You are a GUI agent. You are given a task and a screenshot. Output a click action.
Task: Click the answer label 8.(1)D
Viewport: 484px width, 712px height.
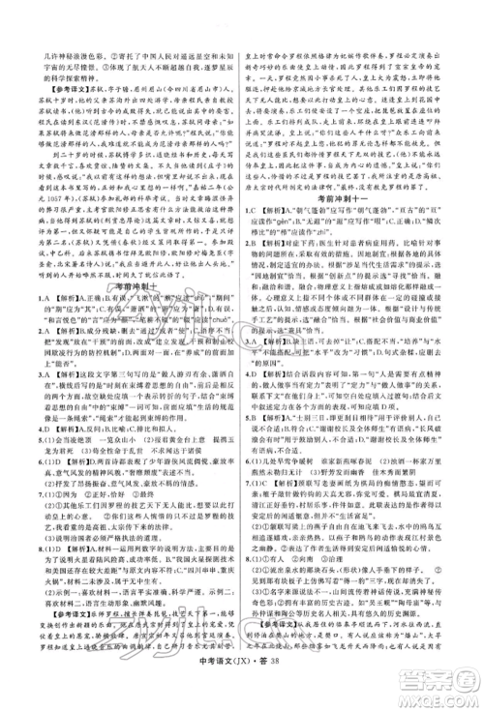(x=22, y=569)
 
